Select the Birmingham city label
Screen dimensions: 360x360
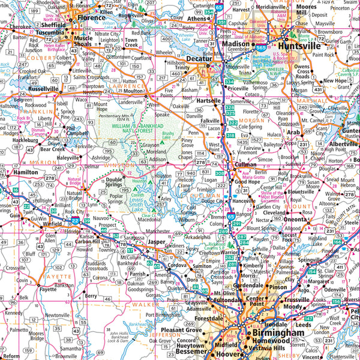(278, 332)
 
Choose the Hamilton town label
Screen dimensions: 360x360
(25, 172)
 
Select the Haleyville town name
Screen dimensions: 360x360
(67, 158)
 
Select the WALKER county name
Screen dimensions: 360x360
(148, 305)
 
